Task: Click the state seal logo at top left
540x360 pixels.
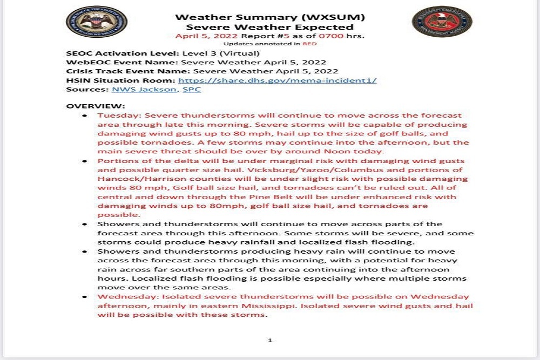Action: [96, 22]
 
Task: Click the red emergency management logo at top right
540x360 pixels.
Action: [442, 22]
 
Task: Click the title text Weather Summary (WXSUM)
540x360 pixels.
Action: [269, 17]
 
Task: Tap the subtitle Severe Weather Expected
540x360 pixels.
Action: [269, 27]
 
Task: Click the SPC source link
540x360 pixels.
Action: [192, 89]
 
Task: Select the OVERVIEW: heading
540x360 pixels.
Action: [96, 106]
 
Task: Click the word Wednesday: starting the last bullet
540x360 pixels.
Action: [125, 296]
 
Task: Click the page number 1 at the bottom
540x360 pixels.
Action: [269, 340]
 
